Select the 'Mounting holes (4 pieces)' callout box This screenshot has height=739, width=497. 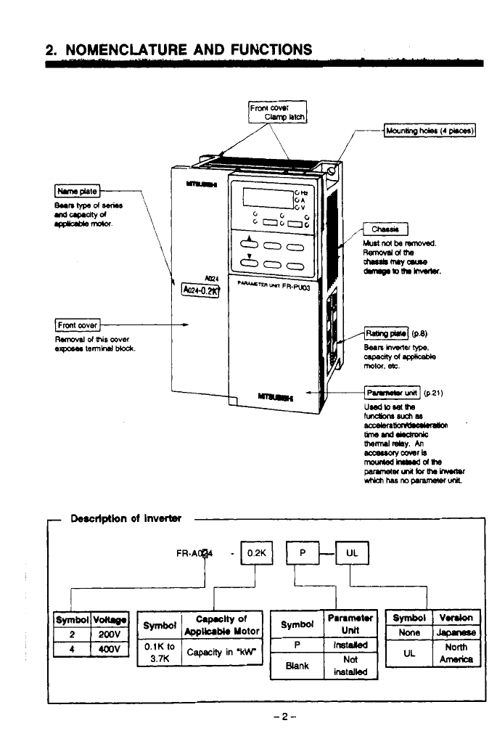point(430,131)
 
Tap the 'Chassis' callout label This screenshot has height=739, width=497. point(385,230)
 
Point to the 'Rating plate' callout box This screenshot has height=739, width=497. point(387,334)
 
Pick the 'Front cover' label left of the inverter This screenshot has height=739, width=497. point(78,324)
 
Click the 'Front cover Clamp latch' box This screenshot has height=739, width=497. point(279,113)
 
